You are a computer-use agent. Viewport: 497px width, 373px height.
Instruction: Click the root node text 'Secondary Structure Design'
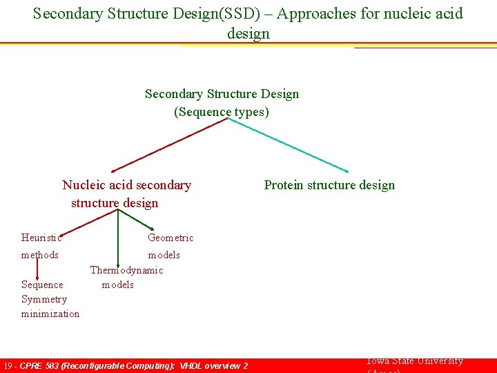point(222,94)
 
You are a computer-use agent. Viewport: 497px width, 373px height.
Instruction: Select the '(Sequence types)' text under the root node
point(222,112)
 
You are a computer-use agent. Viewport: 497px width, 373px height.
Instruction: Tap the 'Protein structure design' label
point(329,185)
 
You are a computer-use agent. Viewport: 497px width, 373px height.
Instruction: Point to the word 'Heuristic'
point(41,238)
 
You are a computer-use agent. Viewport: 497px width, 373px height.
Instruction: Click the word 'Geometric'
point(170,238)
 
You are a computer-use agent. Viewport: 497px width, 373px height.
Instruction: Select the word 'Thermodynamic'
point(126,270)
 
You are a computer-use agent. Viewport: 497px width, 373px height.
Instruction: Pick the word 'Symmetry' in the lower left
point(44,299)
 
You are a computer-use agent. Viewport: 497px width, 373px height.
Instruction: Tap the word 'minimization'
point(50,314)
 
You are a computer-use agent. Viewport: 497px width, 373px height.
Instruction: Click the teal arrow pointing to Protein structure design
point(290,145)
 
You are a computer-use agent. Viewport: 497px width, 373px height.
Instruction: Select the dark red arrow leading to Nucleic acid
point(169,145)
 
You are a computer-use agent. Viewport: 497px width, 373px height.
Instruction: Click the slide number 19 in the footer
point(8,365)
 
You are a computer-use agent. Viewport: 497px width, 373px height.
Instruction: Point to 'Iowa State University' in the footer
point(414,361)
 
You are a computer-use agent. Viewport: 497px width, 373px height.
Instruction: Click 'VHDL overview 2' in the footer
point(211,365)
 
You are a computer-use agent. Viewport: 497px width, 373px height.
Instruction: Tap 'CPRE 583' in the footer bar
point(39,365)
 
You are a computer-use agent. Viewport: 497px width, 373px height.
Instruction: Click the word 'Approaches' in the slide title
point(313,13)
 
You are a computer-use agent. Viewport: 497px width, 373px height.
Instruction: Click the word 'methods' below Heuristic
point(40,255)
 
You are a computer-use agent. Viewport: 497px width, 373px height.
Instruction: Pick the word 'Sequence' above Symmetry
point(42,285)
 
